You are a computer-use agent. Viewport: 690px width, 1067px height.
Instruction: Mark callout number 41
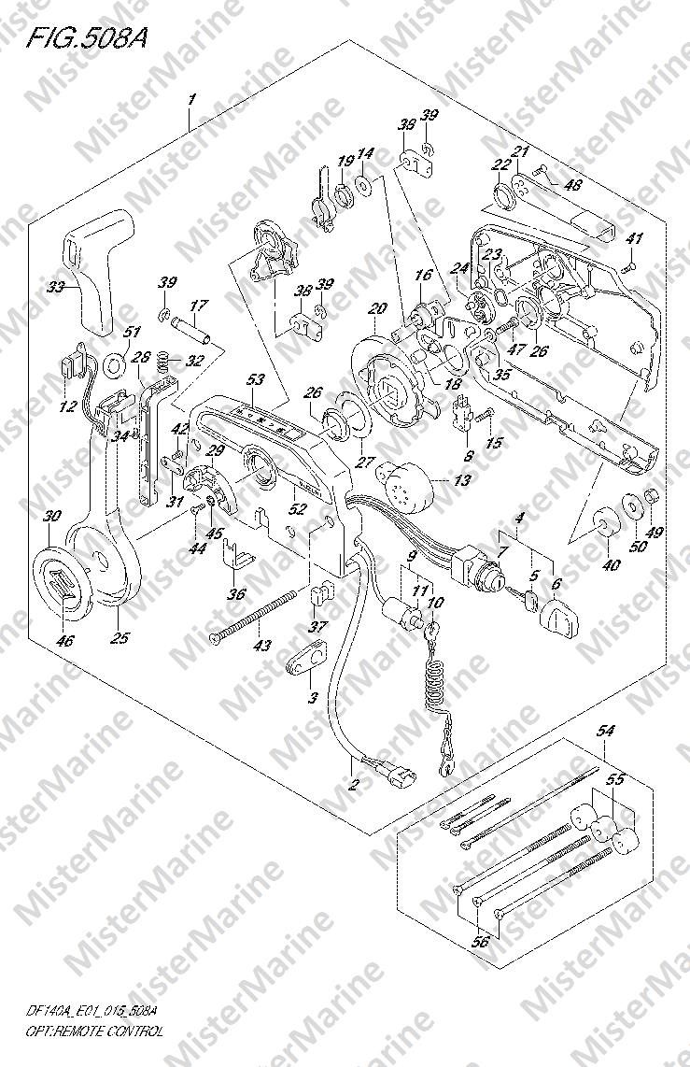point(636,239)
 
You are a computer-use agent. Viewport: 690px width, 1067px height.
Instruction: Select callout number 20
point(377,309)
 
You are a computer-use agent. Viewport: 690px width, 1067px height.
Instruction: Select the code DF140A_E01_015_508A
point(92,1012)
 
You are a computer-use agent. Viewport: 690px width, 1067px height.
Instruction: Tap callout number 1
point(190,98)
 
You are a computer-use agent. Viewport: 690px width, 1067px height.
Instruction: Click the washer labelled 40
point(601,519)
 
